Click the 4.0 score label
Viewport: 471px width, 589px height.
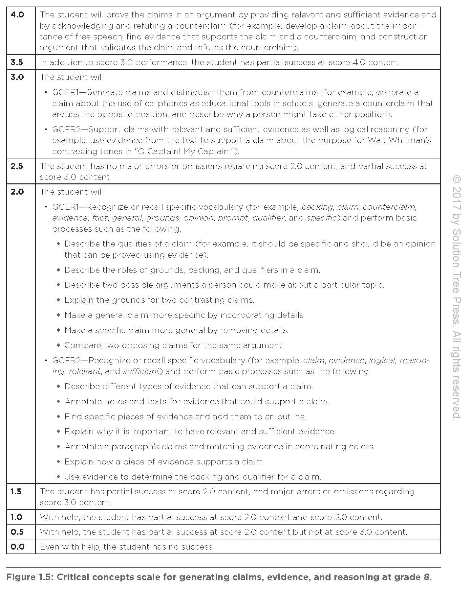pyautogui.click(x=17, y=15)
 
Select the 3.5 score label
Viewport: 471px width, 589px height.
pyautogui.click(x=17, y=62)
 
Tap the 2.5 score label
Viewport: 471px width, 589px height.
pyautogui.click(x=17, y=166)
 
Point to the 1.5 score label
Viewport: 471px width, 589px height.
pyautogui.click(x=16, y=492)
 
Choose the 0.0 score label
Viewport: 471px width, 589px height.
pyautogui.click(x=17, y=547)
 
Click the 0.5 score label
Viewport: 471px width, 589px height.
pyautogui.click(x=17, y=532)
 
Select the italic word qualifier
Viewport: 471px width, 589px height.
pyautogui.click(x=268, y=218)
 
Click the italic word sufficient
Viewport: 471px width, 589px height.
pyautogui.click(x=141, y=371)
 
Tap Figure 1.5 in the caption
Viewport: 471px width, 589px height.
pyautogui.click(x=30, y=577)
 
